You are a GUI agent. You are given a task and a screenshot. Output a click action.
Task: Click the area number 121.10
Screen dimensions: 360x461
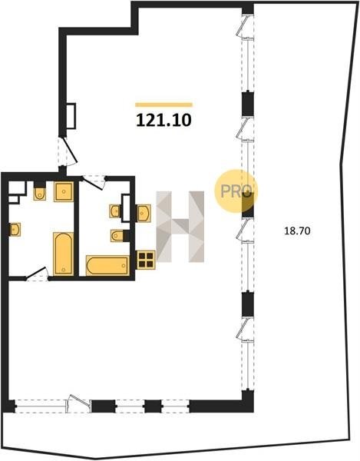click(x=163, y=121)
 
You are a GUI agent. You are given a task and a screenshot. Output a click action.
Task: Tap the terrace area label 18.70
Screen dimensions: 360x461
click(x=297, y=230)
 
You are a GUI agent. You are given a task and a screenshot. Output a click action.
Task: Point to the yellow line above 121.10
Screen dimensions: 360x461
click(x=163, y=104)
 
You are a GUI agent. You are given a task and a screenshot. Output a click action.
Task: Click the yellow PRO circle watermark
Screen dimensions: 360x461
click(x=236, y=191)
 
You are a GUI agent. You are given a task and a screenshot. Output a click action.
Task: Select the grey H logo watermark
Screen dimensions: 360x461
click(x=180, y=227)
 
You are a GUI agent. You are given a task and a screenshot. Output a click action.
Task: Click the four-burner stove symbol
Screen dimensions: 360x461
click(x=146, y=260)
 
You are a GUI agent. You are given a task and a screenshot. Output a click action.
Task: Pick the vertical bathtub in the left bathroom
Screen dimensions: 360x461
click(x=64, y=254)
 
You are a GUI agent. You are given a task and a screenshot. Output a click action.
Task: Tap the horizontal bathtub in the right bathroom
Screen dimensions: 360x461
click(x=107, y=266)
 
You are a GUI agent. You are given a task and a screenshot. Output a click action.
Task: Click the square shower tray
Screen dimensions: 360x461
click(x=64, y=191)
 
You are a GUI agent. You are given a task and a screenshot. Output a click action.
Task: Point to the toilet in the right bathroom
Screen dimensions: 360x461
click(x=117, y=236)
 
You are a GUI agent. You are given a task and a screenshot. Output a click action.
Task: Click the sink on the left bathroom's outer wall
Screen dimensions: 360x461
click(x=15, y=229)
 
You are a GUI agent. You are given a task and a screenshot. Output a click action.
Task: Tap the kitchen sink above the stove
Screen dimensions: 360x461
click(x=144, y=213)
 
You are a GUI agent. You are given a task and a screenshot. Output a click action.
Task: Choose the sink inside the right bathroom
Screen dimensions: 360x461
click(x=115, y=211)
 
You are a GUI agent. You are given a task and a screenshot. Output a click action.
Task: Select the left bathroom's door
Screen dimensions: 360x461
click(x=37, y=274)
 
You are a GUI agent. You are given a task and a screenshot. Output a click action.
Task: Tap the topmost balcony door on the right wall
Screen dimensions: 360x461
click(x=245, y=26)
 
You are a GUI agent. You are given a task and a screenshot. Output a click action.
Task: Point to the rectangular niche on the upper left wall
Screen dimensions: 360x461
click(x=71, y=116)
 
